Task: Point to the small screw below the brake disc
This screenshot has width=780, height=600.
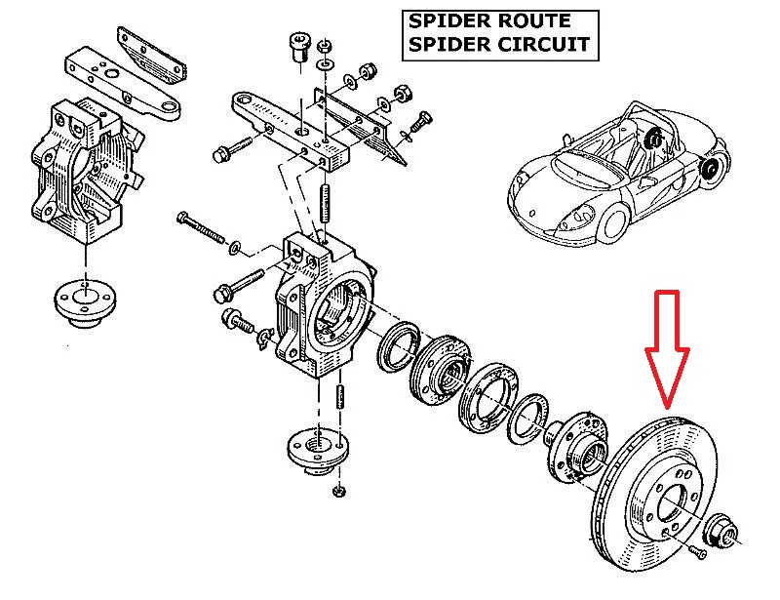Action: point(697,553)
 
